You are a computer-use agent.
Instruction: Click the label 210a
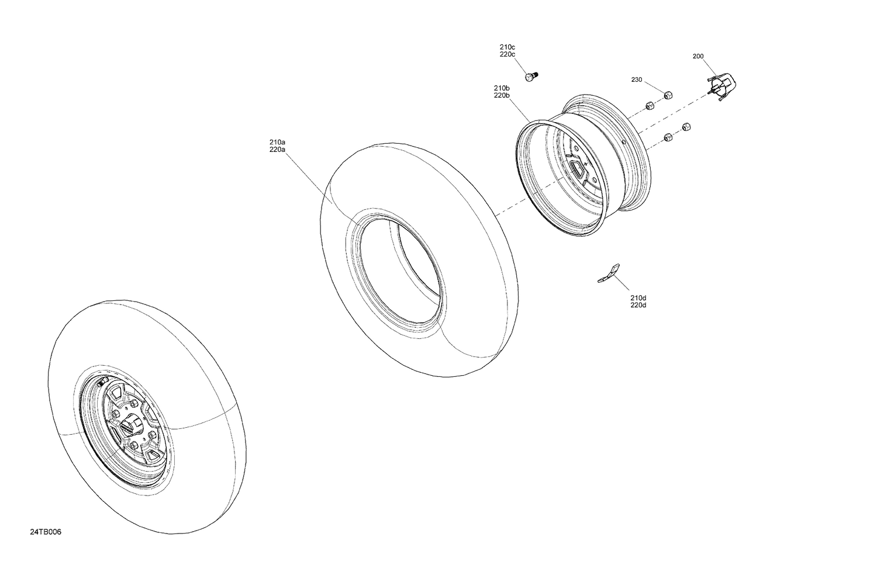coord(277,142)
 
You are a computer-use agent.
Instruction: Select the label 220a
coord(277,150)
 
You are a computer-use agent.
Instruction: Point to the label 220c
coord(507,54)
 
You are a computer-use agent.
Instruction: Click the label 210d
coord(638,298)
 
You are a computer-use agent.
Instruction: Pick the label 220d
coord(638,306)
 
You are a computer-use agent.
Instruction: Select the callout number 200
coord(698,57)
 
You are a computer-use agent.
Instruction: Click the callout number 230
coord(637,79)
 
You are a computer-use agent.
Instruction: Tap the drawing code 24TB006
coord(46,532)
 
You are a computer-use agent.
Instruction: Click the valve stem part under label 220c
coord(531,77)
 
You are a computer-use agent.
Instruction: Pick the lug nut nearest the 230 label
coord(667,95)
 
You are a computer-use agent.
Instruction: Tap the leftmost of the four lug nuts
coord(648,106)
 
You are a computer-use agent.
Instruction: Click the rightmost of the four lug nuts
coord(687,127)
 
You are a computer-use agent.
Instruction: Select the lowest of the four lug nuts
coord(668,138)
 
